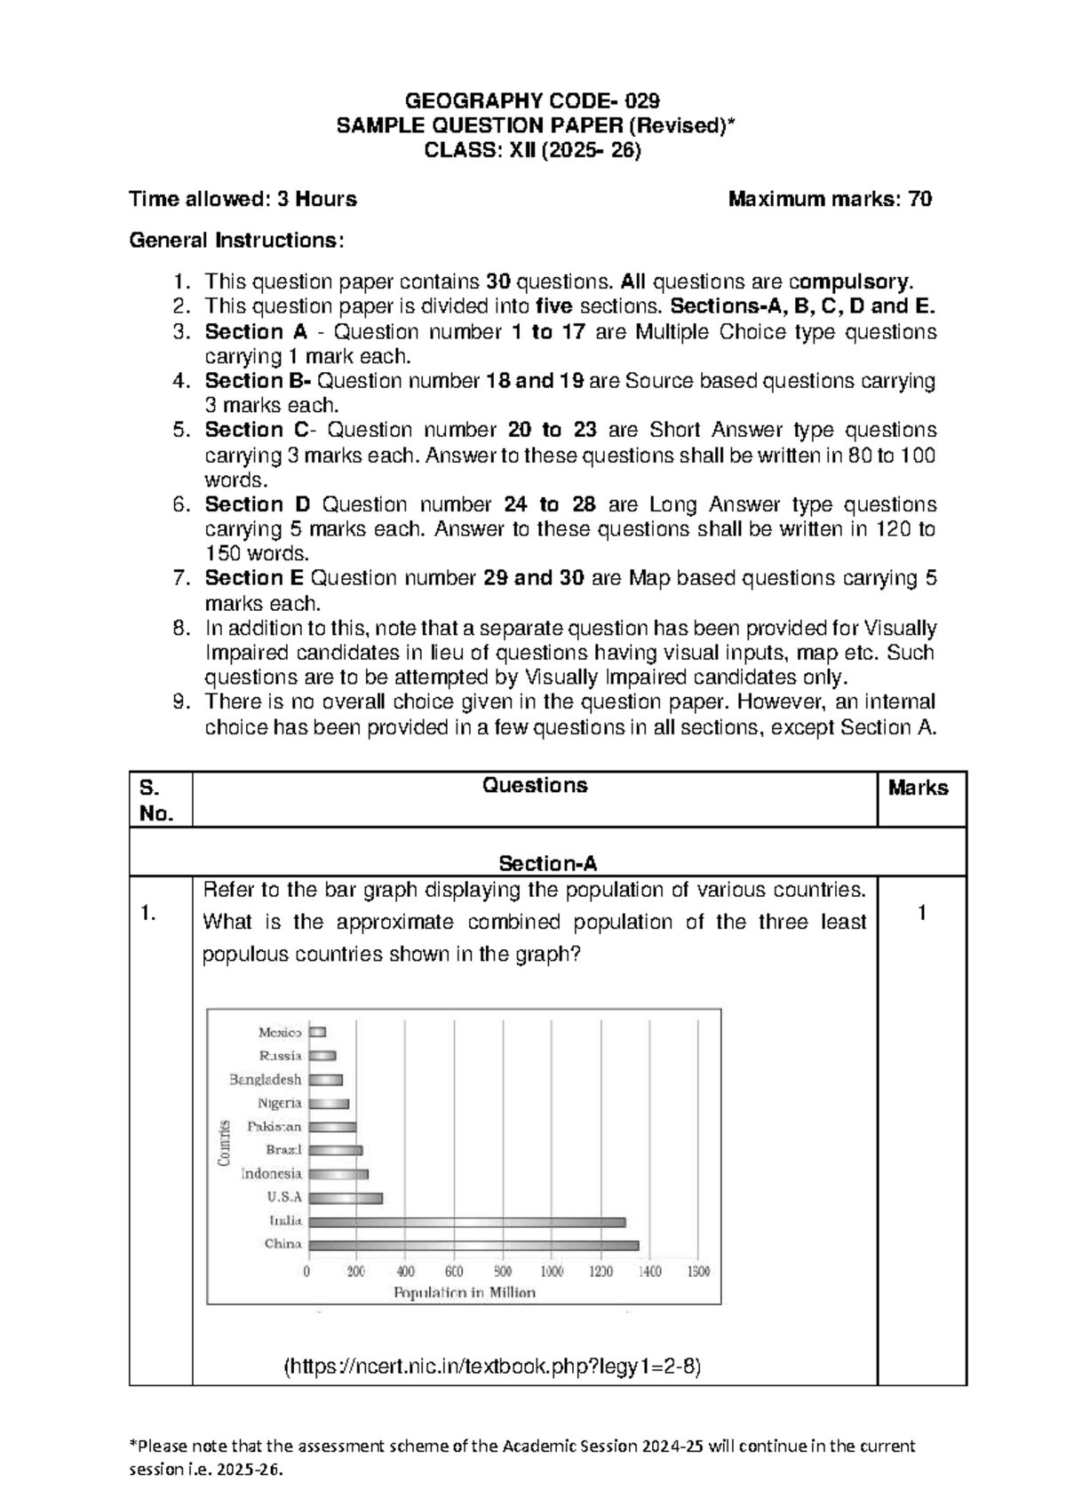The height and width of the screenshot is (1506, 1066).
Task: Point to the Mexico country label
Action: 280,1033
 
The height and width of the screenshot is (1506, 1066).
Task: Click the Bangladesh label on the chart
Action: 266,1080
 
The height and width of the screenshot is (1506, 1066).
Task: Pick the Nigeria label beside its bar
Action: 280,1104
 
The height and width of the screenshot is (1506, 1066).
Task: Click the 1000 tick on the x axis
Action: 552,1272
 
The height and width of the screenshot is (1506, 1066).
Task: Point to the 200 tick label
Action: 356,1272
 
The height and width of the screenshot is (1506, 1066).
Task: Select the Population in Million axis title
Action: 465,1293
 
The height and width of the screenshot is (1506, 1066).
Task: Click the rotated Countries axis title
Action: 225,1143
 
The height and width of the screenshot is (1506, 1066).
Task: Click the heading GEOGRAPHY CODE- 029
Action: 532,99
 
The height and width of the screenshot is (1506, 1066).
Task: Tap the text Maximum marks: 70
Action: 830,199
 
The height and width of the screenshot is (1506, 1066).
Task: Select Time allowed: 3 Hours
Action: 243,199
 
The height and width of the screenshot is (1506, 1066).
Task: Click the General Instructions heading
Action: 235,241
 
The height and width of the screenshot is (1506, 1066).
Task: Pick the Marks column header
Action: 918,788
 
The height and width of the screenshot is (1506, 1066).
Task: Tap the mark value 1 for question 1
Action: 922,913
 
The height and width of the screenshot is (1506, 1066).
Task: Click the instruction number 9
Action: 181,701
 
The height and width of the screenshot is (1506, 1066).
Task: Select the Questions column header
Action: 534,785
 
